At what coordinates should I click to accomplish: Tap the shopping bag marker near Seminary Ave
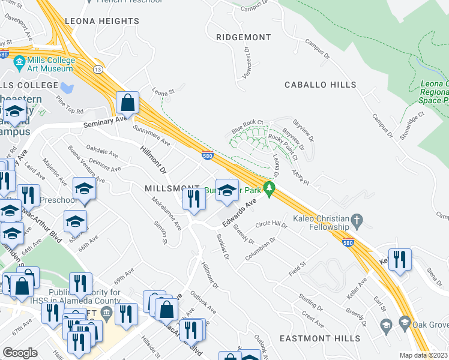(128, 103)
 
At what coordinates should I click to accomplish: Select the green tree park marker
(270, 190)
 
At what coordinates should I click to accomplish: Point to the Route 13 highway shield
(97, 71)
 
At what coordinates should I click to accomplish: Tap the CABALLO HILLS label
(320, 85)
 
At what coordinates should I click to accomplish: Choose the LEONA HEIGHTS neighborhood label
(101, 21)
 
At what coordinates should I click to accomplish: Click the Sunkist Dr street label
(221, 247)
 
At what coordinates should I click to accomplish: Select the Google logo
(20, 353)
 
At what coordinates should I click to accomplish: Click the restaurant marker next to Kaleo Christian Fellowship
(399, 259)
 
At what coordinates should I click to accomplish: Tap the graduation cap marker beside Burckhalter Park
(226, 191)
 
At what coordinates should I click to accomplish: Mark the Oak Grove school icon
(387, 326)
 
